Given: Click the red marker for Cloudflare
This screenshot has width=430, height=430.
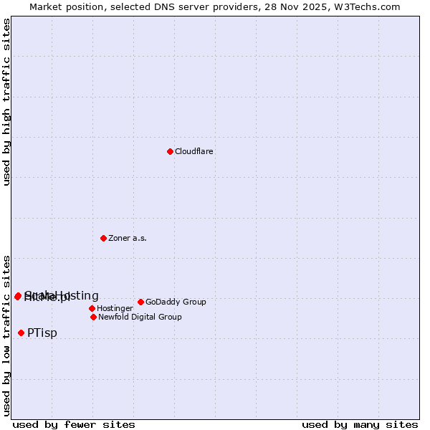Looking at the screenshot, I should coord(170,151).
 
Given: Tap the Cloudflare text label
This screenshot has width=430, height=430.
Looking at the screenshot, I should coord(194,152).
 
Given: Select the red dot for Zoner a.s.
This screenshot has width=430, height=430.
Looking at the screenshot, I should coord(103,238).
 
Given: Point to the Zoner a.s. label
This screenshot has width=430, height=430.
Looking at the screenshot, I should coord(128,239).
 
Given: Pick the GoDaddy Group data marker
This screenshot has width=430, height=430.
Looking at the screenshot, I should coord(140,302).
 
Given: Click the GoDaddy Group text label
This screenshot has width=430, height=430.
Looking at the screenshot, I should coord(176,302).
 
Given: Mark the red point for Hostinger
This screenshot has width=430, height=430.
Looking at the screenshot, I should coord(92,308).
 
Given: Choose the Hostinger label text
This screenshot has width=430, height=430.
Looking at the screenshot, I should coord(115,309).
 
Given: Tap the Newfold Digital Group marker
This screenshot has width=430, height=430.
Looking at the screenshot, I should coord(93,317).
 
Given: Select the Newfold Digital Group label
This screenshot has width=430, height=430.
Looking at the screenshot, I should coord(140,317).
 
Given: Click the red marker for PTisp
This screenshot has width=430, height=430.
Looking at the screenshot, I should coord(21,333).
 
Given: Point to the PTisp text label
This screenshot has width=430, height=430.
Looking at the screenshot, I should coord(42,333).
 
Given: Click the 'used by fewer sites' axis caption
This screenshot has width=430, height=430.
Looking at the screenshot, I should coord(74,424).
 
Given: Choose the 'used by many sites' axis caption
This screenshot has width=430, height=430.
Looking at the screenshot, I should coord(360,424).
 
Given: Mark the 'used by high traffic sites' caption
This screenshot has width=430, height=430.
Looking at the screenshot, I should coord(7,102).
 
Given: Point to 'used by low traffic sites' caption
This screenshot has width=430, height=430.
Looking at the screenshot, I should coord(7,335).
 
